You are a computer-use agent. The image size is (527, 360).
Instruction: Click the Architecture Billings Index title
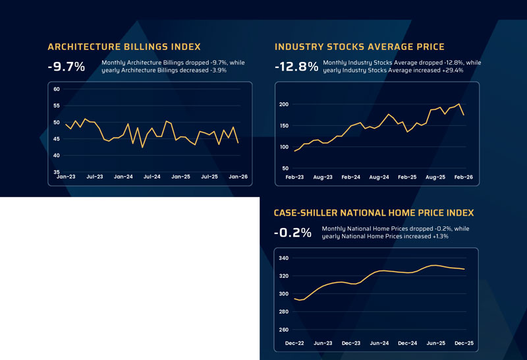point(124,47)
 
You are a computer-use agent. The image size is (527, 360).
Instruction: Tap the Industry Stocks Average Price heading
point(359,47)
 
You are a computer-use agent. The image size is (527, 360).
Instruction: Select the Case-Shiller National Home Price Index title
point(374,213)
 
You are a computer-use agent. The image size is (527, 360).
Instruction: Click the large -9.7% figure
point(66,67)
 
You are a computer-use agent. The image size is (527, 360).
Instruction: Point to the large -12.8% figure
point(296,67)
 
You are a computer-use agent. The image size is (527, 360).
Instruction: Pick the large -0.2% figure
point(292,233)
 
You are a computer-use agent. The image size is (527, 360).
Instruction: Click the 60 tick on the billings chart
point(57,89)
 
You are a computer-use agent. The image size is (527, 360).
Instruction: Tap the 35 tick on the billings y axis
point(57,172)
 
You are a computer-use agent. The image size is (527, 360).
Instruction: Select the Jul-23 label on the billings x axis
point(94,177)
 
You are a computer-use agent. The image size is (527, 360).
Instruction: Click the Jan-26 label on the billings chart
point(238,177)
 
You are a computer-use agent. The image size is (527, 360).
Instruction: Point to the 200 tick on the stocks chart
point(284,105)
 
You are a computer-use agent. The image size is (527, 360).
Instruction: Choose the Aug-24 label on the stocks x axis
point(379,177)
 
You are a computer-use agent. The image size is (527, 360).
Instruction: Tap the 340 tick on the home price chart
point(284,258)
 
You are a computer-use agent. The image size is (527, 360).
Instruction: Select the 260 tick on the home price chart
point(284,330)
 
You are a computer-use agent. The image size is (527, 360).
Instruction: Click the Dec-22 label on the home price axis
point(294,344)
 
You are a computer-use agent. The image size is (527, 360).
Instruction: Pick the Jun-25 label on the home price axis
point(435,344)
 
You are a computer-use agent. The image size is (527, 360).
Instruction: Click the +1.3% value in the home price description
point(439,235)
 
